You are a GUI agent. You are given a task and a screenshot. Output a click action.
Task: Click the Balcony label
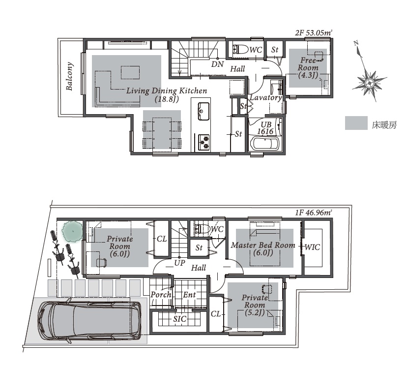click(69, 76)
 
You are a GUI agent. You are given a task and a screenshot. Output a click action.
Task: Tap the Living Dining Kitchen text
click(167, 91)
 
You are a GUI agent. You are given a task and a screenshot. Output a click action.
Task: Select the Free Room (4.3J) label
click(308, 68)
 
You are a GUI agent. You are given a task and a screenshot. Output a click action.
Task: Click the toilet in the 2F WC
click(239, 49)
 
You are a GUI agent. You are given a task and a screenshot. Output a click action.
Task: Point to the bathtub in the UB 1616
click(265, 144)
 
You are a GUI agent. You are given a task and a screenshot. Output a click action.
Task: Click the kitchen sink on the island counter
click(204, 111)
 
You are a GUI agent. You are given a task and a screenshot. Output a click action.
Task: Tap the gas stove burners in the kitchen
click(204, 142)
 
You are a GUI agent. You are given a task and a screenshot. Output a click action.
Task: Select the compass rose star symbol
click(369, 83)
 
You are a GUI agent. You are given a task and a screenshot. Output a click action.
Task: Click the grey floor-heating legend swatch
click(356, 123)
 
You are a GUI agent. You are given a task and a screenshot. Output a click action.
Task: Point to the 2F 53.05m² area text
click(314, 33)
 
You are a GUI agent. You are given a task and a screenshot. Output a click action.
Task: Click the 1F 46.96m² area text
click(314, 213)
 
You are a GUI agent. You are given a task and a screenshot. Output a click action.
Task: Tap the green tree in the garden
click(72, 231)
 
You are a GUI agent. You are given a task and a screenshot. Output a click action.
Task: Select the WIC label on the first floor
click(312, 247)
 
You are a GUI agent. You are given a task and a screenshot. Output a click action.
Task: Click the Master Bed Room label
click(263, 245)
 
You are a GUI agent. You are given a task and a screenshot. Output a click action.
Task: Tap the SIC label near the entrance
click(180, 319)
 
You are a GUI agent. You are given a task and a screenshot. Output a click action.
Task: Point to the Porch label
click(161, 295)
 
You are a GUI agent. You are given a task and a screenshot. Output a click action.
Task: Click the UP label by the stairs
click(179, 263)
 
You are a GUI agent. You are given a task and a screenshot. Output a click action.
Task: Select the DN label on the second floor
click(218, 64)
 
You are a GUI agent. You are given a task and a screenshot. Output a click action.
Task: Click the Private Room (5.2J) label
click(255, 305)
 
